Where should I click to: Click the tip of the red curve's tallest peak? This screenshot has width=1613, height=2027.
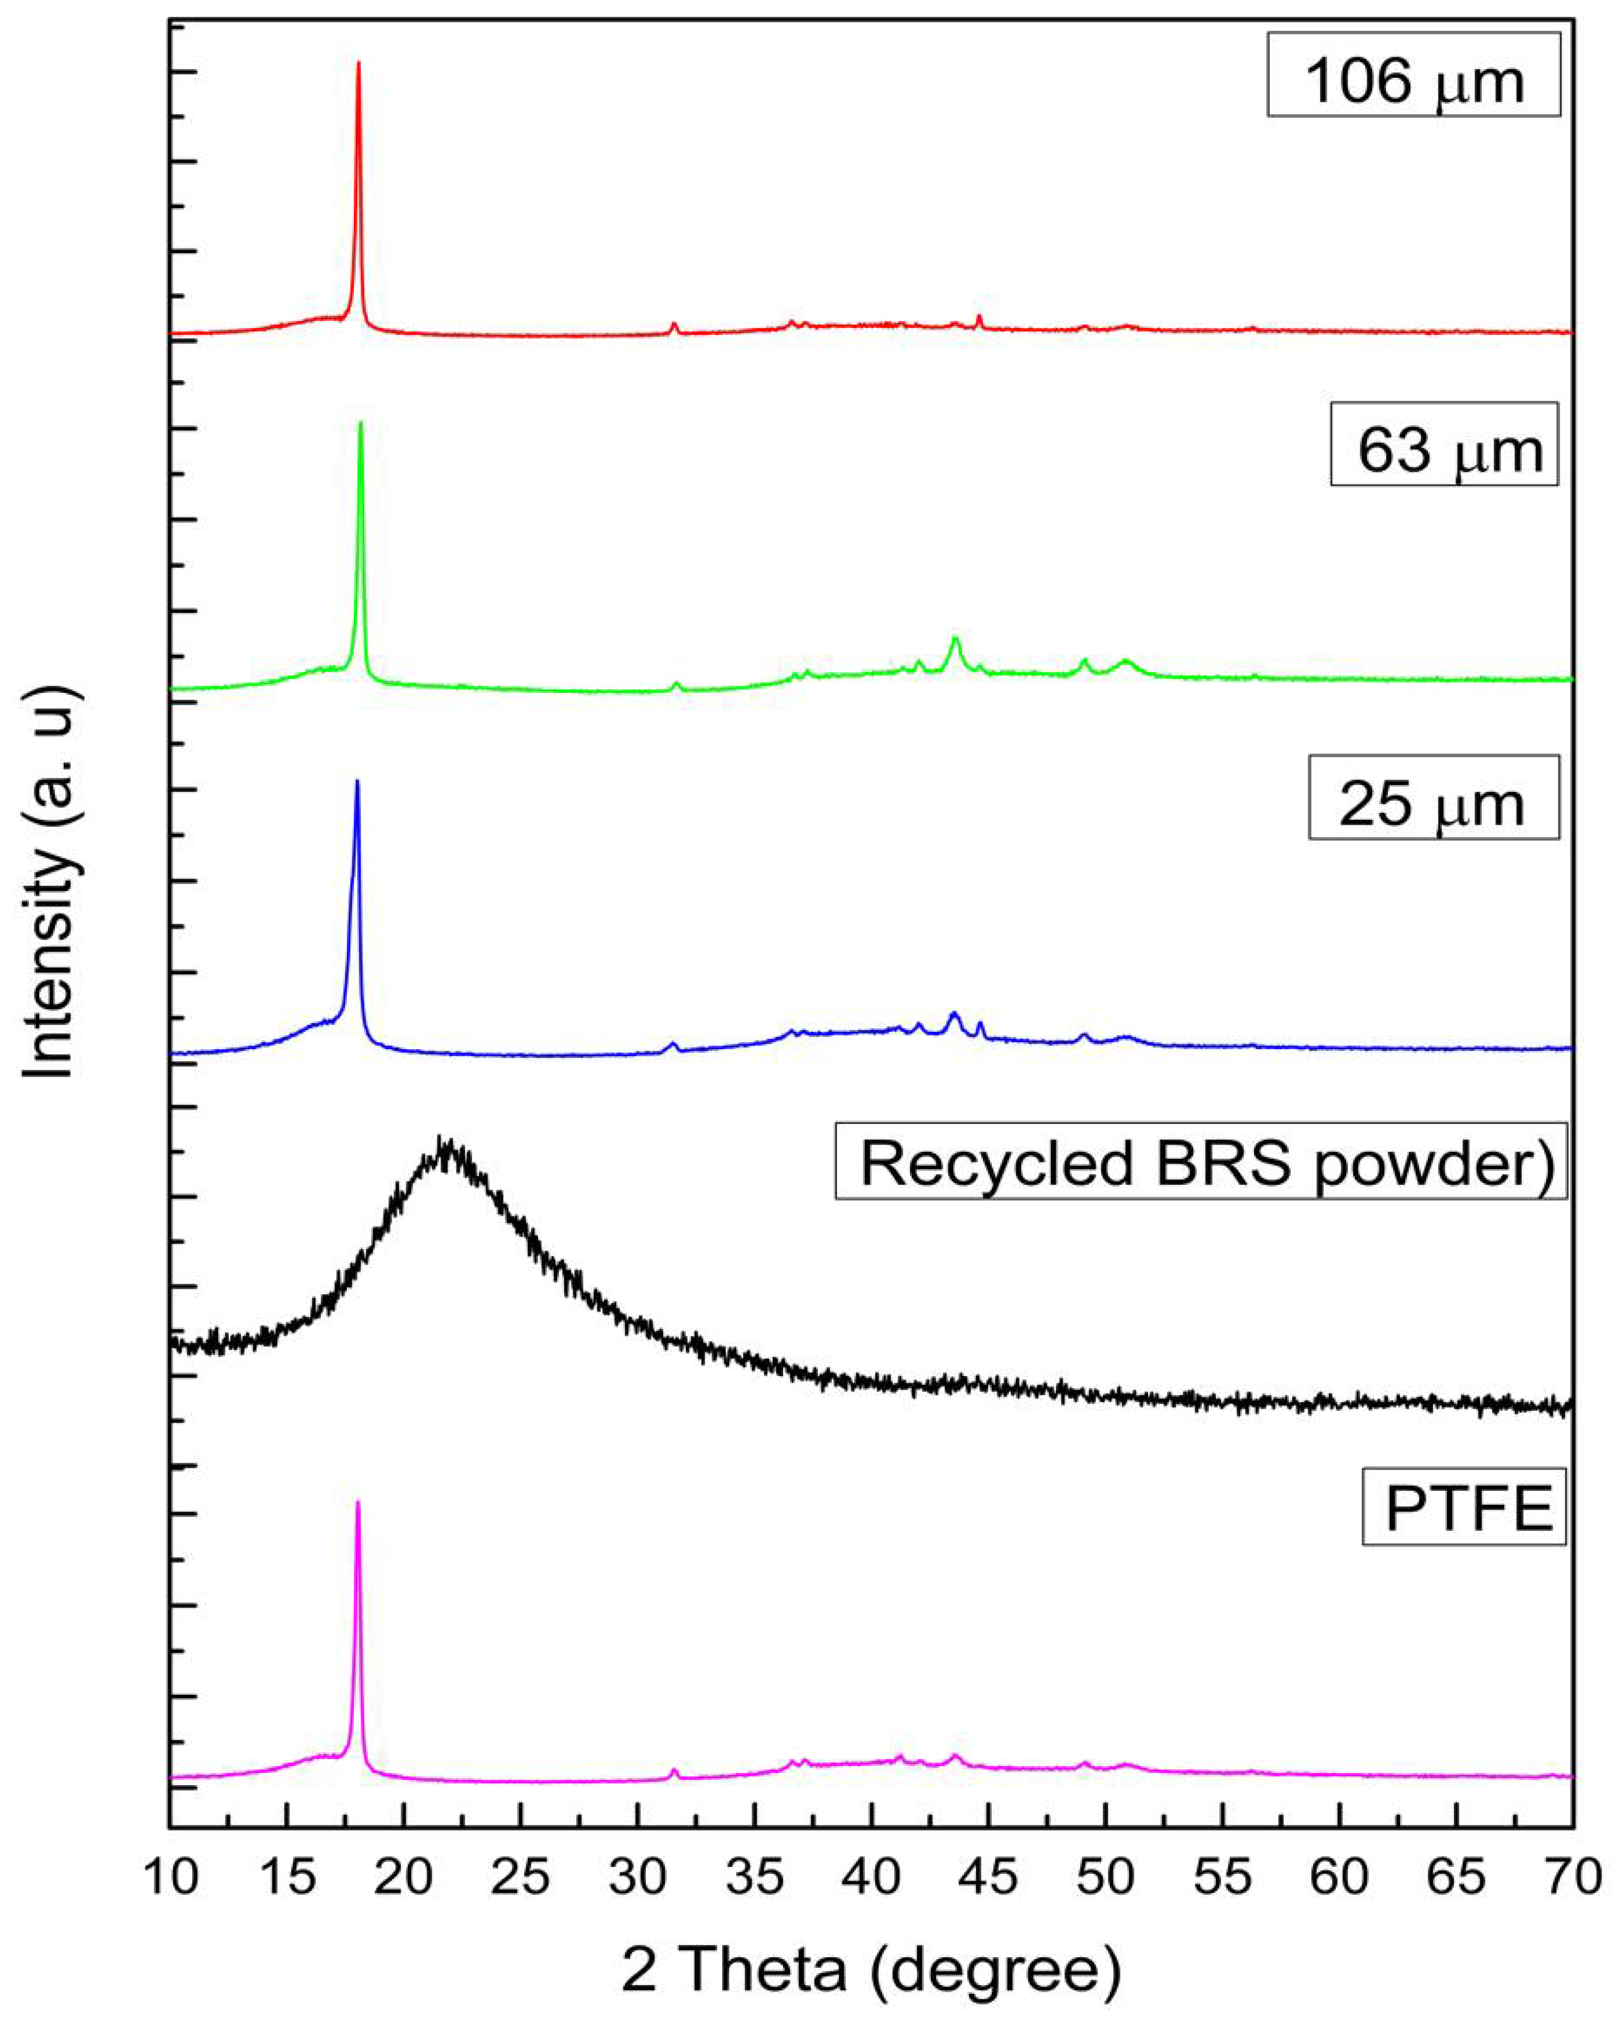coord(358,63)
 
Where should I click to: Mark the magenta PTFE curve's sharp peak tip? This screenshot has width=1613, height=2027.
coord(357,1501)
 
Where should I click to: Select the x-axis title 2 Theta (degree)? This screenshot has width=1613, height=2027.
coord(871,1968)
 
